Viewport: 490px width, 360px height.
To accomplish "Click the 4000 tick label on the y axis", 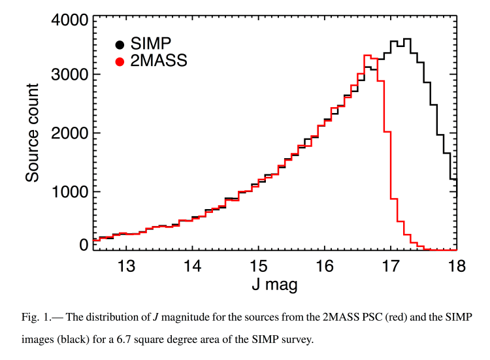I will click(70, 20).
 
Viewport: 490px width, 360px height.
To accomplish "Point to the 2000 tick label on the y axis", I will click(70, 133).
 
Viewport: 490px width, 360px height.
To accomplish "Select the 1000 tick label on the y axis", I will click(70, 191).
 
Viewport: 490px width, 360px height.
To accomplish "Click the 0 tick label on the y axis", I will click(84, 245).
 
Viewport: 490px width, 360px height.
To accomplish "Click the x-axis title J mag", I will click(274, 287).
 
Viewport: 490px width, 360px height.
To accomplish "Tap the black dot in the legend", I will click(120, 45).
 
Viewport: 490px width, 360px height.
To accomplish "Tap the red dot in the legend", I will click(120, 62).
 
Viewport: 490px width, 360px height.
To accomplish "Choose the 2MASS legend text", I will click(159, 62).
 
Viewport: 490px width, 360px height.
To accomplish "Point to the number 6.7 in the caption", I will click(204, 340).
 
